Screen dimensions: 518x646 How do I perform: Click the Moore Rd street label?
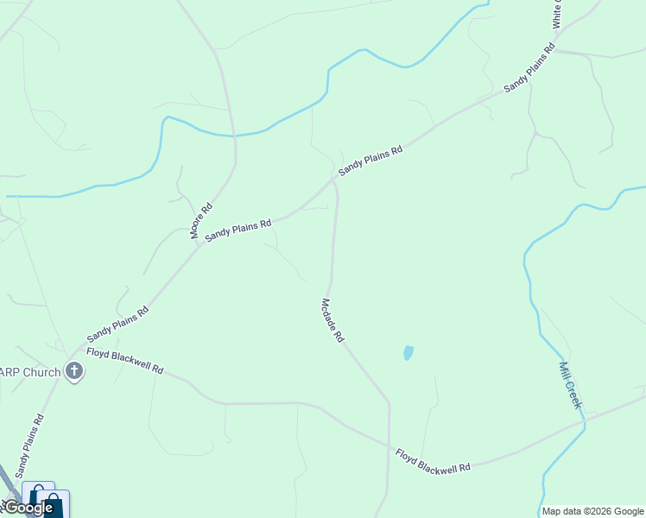(201, 221)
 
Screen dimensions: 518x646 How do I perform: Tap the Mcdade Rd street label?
(332, 321)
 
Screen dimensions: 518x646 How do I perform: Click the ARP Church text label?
(30, 373)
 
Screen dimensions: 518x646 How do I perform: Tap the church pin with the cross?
(74, 372)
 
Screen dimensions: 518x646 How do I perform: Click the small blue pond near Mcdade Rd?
(408, 352)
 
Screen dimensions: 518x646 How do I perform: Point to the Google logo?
(28, 508)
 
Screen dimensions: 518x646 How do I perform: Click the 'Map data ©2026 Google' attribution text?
(592, 511)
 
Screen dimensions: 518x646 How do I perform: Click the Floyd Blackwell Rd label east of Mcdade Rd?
(433, 460)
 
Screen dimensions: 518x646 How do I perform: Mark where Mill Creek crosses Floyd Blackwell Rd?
(584, 421)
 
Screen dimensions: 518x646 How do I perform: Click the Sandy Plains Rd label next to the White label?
(529, 67)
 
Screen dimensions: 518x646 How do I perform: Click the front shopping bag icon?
(53, 503)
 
